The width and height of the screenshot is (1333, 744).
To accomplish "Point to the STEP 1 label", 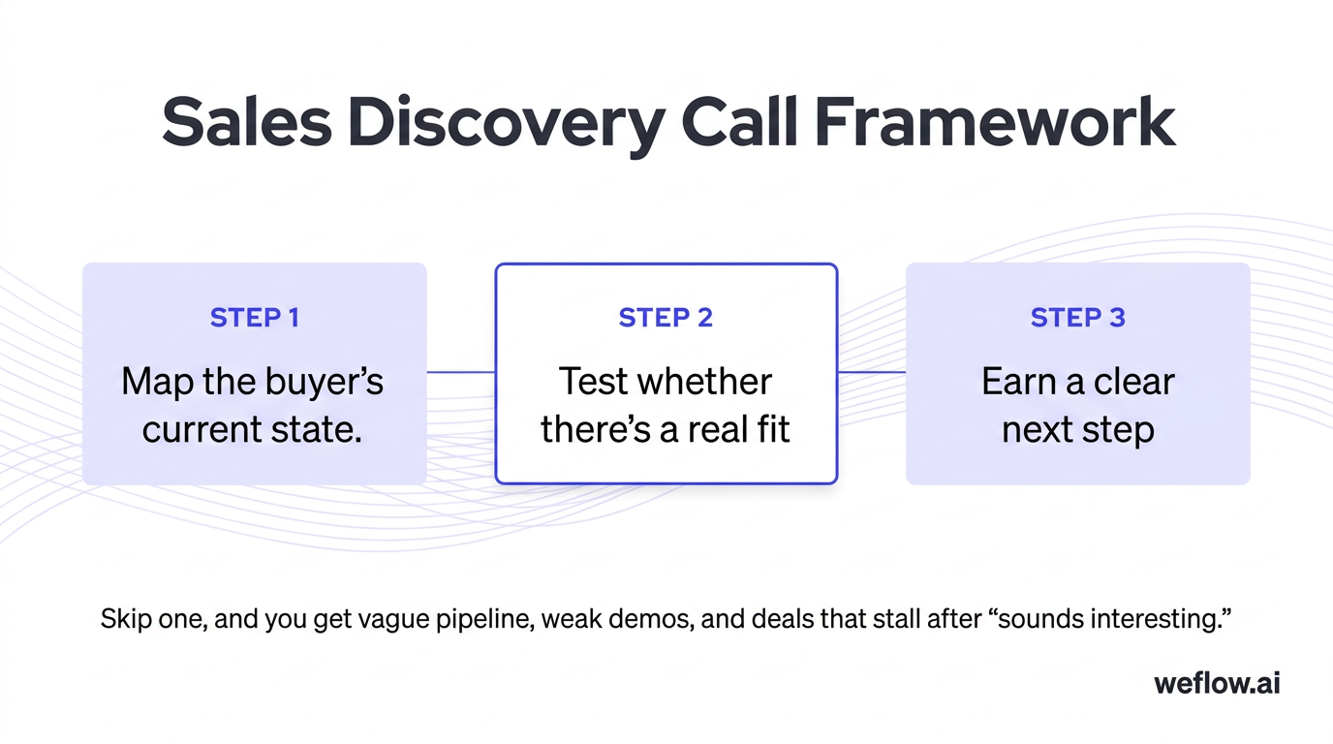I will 254,318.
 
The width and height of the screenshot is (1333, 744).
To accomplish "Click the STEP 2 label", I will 666,318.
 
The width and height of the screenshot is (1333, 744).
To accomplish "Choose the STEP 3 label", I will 1077,318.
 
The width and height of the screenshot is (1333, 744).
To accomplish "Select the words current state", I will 253,429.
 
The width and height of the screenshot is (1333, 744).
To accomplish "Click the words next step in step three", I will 1077,429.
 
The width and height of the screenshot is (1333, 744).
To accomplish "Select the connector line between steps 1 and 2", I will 460,372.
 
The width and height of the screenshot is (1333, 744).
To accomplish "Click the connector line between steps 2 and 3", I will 871,372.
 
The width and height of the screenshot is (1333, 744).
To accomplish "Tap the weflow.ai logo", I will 1217,683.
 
